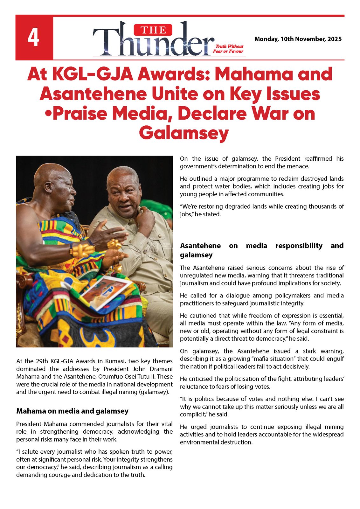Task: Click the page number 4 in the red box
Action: pos(33,38)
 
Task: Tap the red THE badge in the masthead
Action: pos(153,30)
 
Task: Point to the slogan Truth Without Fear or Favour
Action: pos(228,49)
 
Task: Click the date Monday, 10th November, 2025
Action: pos(298,39)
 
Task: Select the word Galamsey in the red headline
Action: pos(184,133)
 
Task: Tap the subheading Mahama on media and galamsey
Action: pos(72,411)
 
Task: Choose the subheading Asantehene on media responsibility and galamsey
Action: pos(261,250)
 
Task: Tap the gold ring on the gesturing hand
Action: pos(114,244)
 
